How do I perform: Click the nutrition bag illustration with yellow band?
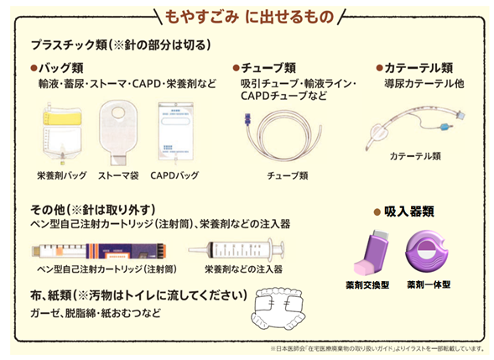click(x=62, y=133)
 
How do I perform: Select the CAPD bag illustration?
click(x=175, y=133)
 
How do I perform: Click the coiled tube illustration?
click(x=283, y=136)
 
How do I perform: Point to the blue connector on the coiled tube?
click(x=247, y=119)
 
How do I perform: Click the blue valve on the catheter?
click(x=444, y=127)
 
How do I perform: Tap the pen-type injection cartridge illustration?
click(x=99, y=251)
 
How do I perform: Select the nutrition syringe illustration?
click(x=237, y=249)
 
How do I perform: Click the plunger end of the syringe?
click(x=281, y=249)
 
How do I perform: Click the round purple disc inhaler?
click(x=428, y=253)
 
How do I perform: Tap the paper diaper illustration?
click(x=278, y=309)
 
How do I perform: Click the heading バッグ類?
click(x=57, y=68)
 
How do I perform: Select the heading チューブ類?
click(x=264, y=68)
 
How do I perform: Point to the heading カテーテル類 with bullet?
click(x=414, y=68)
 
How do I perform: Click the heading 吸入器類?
click(x=404, y=211)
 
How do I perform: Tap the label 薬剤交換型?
click(x=367, y=285)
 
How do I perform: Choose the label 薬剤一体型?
click(x=429, y=284)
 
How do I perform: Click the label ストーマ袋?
click(x=118, y=175)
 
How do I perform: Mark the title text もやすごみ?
click(x=201, y=17)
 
